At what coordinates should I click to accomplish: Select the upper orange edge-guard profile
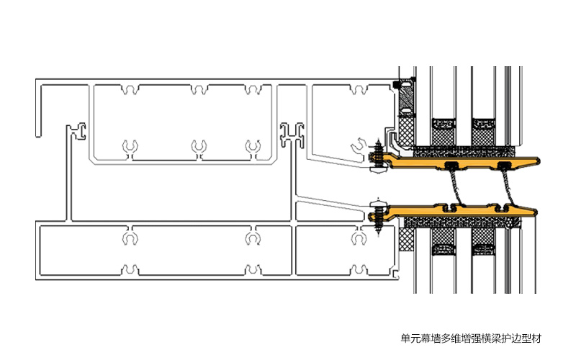coord(461,159)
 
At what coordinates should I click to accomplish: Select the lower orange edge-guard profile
coord(461,210)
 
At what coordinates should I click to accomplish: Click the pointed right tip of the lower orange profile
coord(536,211)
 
